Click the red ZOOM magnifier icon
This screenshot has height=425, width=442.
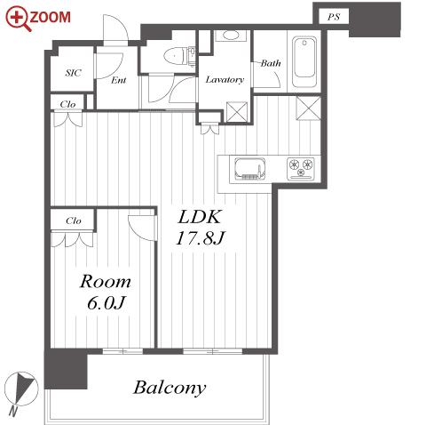tap(18, 19)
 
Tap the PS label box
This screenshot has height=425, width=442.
tap(334, 17)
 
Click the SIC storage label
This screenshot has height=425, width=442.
tap(74, 73)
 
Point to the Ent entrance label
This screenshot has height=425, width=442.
tap(119, 80)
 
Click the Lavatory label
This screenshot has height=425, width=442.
tap(225, 80)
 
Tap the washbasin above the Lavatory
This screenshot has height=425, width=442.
tap(231, 36)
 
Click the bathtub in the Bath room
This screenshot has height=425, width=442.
tap(304, 62)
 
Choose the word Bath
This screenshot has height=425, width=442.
tap(271, 63)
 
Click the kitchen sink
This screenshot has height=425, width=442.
tap(250, 169)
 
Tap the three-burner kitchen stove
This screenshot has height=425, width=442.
tap(301, 169)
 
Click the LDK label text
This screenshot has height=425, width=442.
tap(200, 217)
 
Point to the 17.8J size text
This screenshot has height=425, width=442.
tap(201, 238)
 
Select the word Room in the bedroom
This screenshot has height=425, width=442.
tap(106, 282)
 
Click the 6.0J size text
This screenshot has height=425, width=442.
tap(107, 303)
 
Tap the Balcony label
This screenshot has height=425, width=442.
tap(170, 388)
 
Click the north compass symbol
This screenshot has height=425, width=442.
tap(21, 389)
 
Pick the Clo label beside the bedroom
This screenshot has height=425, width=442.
tap(74, 221)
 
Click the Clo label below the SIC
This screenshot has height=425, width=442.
tap(67, 104)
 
